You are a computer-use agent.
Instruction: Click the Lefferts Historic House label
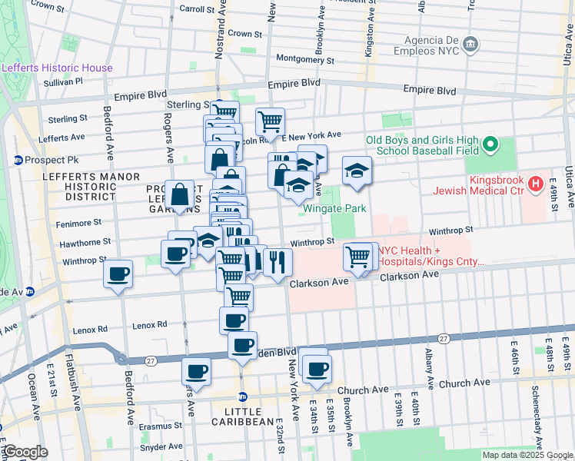57,68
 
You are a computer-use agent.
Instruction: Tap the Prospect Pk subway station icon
18,161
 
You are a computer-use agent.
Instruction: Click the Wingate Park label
334,208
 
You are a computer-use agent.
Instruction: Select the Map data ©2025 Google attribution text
527,455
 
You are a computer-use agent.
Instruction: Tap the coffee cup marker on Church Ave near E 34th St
317,368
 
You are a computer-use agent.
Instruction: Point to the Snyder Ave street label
161,446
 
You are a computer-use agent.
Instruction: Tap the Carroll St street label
196,9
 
